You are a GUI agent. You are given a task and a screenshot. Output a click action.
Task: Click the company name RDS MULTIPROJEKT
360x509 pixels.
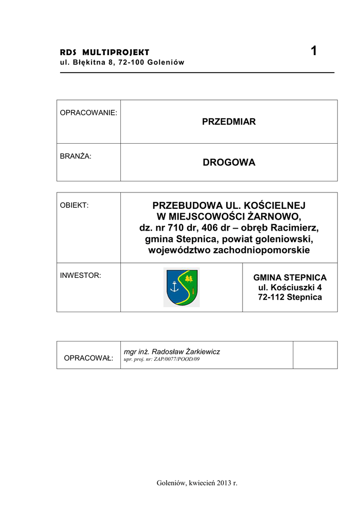104,52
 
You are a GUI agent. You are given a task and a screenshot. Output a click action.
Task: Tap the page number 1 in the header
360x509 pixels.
313,51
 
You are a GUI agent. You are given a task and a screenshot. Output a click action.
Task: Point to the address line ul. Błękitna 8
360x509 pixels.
122,62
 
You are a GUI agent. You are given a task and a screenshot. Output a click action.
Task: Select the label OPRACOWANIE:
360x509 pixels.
89,113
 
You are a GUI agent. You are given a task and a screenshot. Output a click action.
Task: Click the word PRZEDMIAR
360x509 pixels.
229,122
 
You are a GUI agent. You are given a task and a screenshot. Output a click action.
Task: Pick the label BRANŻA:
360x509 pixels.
76,156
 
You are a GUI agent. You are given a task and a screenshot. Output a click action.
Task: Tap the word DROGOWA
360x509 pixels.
229,163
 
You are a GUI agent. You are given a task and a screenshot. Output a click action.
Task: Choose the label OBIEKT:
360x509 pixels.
74,205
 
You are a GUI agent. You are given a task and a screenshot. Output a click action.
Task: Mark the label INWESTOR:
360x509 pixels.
81,275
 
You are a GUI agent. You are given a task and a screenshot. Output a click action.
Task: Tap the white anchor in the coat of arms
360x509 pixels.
174,286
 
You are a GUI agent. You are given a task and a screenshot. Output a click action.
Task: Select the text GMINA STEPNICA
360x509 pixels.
290,278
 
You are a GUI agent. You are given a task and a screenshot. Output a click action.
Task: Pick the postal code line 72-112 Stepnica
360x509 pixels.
290,297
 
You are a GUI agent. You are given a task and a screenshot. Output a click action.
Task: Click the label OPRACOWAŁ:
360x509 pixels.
89,358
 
